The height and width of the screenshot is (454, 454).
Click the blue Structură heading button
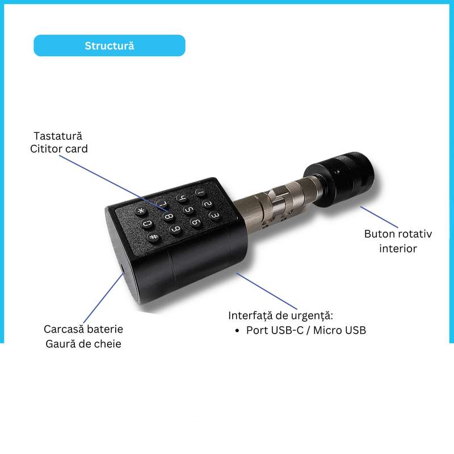110,45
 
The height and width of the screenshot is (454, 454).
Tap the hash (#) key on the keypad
154,237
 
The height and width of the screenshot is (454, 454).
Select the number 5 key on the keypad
188,209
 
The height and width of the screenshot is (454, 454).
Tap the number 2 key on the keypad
207,204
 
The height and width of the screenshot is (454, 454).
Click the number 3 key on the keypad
215,216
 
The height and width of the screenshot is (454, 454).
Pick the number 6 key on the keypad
196,222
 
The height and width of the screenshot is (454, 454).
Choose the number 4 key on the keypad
182,198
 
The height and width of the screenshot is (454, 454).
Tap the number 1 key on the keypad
200,192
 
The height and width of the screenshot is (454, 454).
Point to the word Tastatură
58,136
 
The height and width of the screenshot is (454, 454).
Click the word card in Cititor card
77,149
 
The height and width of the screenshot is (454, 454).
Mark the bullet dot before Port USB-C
237,331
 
